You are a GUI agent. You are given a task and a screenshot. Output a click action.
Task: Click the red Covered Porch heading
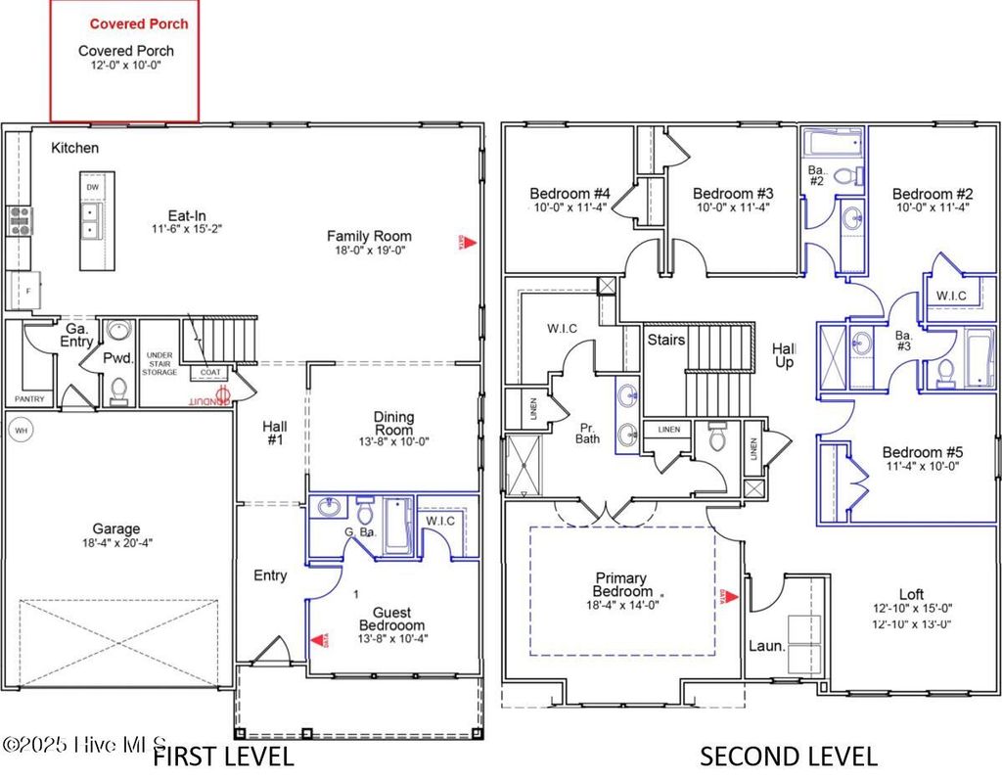click(x=138, y=23)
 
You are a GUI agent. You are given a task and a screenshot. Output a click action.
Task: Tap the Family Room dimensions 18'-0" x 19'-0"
click(x=369, y=251)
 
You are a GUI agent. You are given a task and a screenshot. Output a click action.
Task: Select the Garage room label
click(x=116, y=528)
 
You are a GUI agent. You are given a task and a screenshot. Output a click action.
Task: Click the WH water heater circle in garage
click(x=22, y=430)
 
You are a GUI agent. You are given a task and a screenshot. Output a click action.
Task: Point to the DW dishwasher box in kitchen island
click(x=92, y=187)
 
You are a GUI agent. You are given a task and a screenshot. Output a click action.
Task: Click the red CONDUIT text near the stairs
click(x=206, y=399)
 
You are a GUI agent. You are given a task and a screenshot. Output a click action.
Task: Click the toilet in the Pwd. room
click(x=119, y=389)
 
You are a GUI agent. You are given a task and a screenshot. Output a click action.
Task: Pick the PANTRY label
click(x=29, y=399)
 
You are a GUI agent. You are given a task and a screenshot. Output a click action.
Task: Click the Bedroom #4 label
click(x=569, y=193)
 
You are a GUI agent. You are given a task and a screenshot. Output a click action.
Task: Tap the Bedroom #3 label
click(x=733, y=193)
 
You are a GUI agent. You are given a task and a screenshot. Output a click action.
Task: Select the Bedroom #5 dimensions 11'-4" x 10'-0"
click(x=922, y=467)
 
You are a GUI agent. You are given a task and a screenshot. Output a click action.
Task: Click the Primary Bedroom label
click(x=622, y=584)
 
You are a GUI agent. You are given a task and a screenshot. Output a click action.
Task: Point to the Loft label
click(x=911, y=593)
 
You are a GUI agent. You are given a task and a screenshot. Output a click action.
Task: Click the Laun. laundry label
click(x=767, y=646)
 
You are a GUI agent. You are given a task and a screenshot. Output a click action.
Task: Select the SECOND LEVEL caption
click(x=788, y=756)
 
